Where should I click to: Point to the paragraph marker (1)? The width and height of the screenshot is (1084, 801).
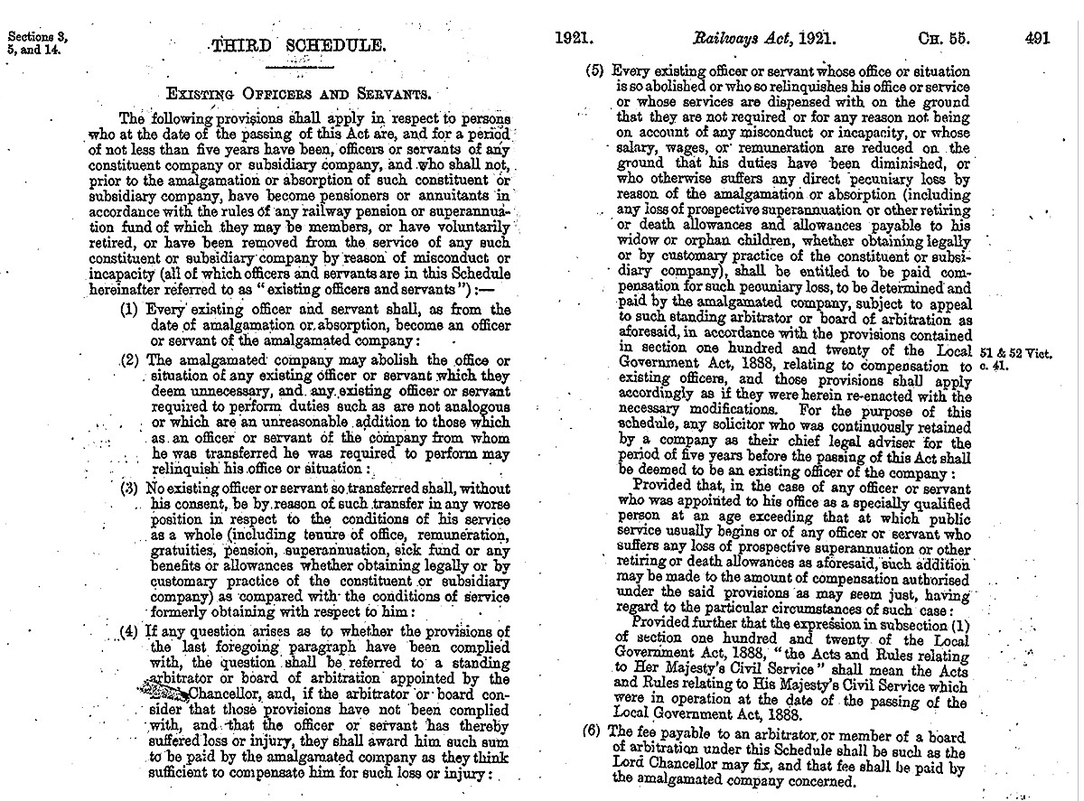(130, 310)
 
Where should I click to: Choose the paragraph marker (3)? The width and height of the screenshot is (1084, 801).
(130, 489)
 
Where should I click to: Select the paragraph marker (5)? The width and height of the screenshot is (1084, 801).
(594, 70)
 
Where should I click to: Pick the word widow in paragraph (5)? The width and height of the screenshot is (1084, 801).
(640, 242)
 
